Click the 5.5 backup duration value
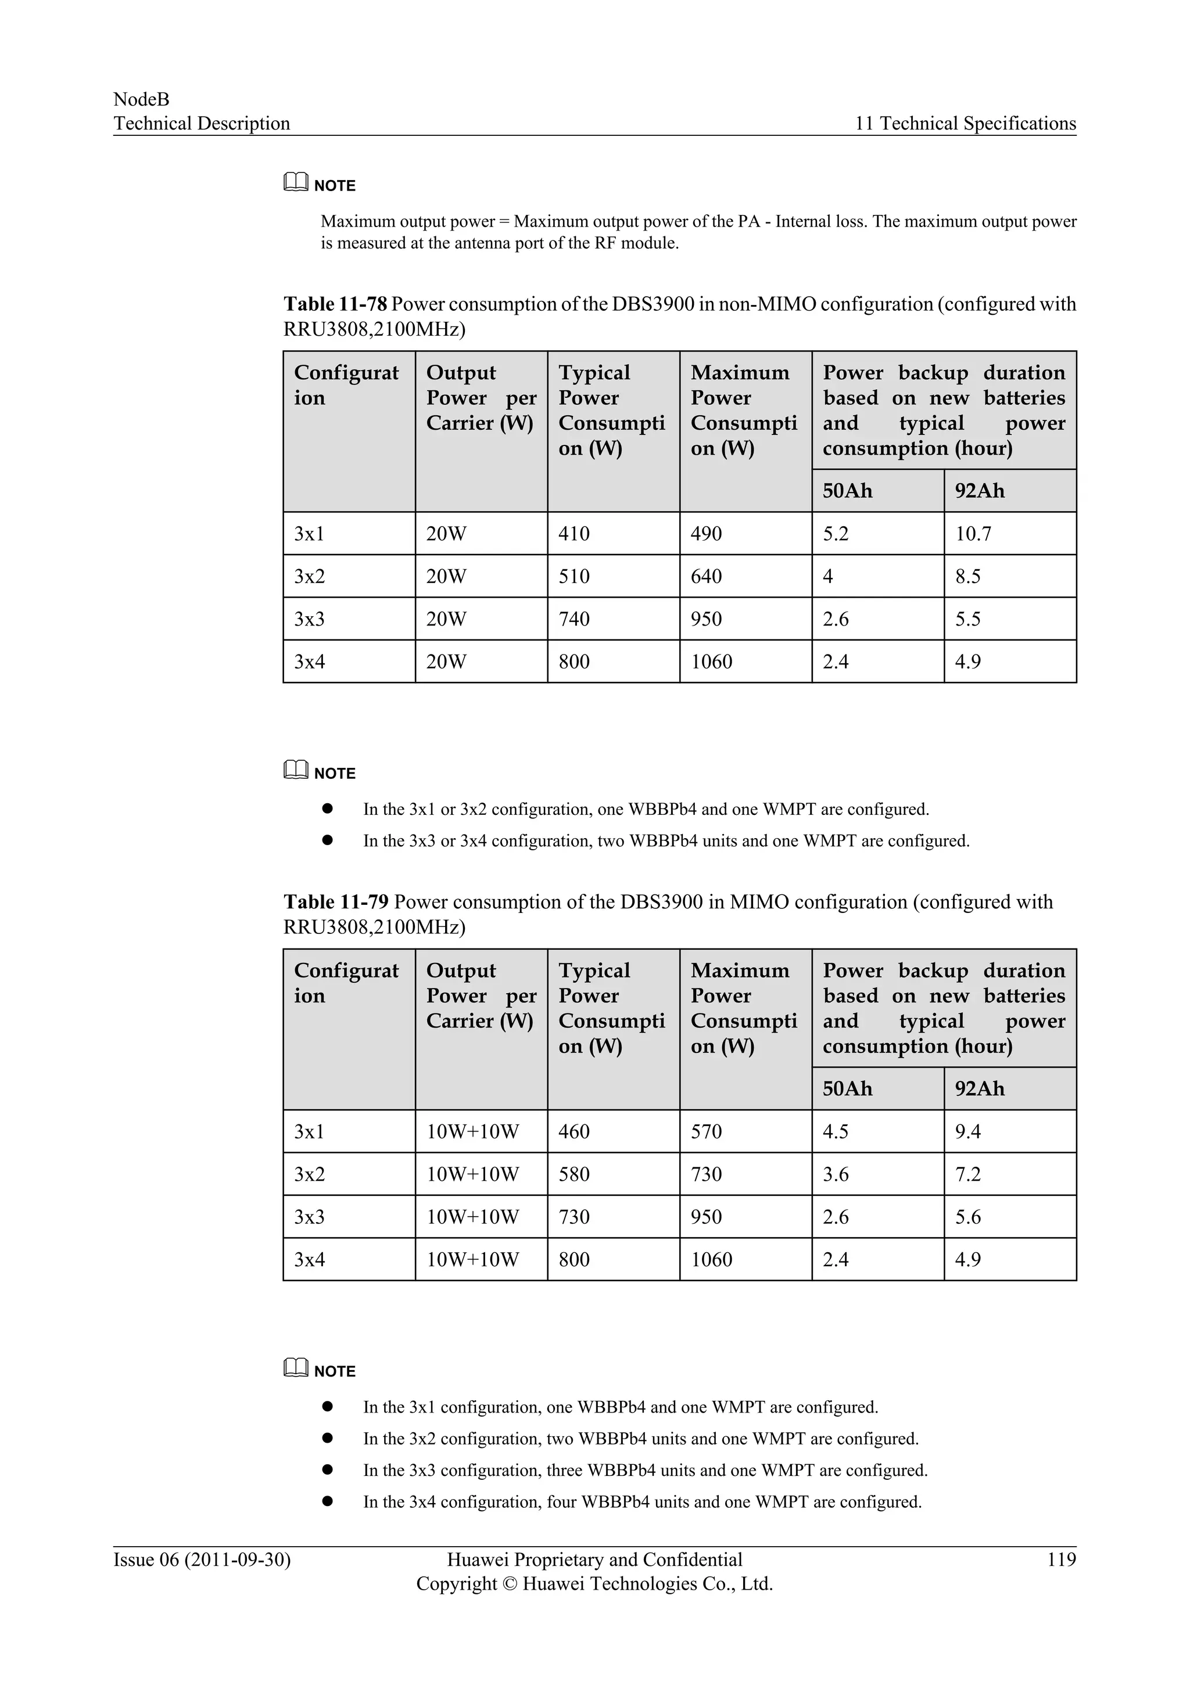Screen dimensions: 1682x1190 [x=967, y=619]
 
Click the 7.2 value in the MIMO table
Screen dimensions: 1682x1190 [x=967, y=1174]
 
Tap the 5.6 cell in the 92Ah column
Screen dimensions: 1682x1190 [x=967, y=1217]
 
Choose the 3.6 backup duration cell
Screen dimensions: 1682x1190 [x=836, y=1174]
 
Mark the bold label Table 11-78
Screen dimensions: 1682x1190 [x=335, y=304]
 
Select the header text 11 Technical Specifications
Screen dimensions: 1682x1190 [x=965, y=123]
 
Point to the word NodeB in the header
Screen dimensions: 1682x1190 [x=141, y=100]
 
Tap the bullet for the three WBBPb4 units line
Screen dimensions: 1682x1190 [x=328, y=1470]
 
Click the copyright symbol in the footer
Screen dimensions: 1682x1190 [x=510, y=1584]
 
